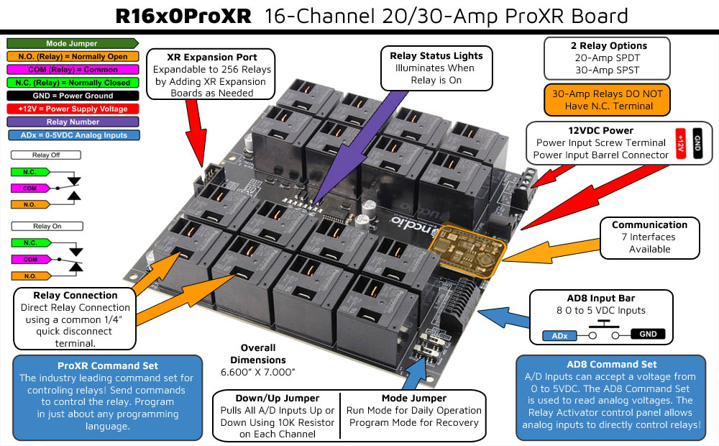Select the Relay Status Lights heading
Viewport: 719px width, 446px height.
pyautogui.click(x=436, y=55)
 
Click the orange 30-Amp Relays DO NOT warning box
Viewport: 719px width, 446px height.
pyautogui.click(x=608, y=100)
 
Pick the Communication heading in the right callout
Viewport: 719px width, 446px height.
pyautogui.click(x=649, y=224)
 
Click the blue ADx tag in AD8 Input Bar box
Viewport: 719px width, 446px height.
pyautogui.click(x=559, y=335)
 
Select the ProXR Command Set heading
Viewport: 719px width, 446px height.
pyautogui.click(x=108, y=365)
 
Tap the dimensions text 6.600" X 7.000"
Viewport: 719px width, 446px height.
pyautogui.click(x=258, y=372)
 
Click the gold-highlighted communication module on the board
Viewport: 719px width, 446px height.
pyautogui.click(x=467, y=248)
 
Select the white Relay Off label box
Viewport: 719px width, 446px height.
pyautogui.click(x=45, y=155)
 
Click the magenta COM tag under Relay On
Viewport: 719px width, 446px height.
pyautogui.click(x=30, y=259)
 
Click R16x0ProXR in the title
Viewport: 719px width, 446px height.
pyautogui.click(x=183, y=16)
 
